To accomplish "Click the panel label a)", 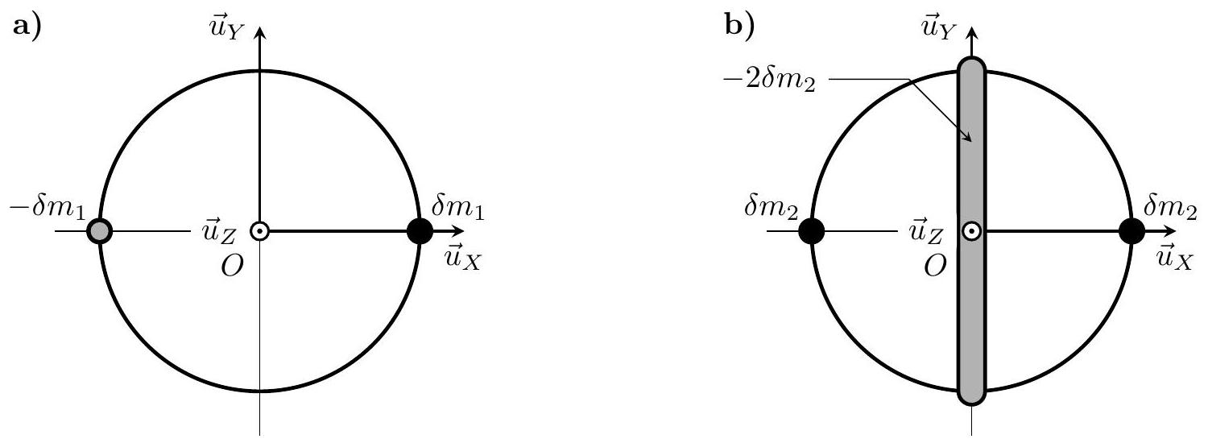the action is [27, 27].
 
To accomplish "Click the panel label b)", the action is [739, 27].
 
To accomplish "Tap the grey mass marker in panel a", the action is [100, 231].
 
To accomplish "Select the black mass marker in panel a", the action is [420, 231].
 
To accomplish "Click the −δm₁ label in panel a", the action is [48, 208].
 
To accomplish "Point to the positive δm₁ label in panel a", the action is [458, 208].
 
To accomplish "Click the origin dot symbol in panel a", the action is [260, 231].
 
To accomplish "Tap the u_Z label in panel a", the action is [218, 232].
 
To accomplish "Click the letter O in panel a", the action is [233, 266].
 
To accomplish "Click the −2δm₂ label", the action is [769, 82].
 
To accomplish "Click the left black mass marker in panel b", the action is [812, 231].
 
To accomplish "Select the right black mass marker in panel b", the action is [1132, 231].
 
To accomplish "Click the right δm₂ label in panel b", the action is [1169, 208].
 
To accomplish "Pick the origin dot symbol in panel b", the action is [972, 231].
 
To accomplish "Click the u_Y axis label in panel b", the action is [939, 28].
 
